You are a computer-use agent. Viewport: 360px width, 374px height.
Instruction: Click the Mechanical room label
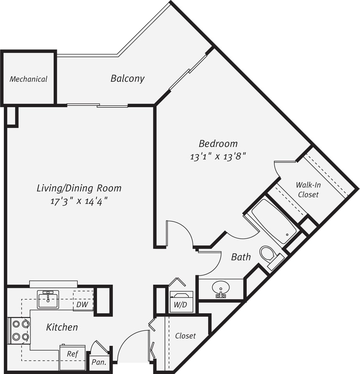(x=29, y=79)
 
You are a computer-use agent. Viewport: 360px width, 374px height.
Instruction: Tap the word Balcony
(x=127, y=78)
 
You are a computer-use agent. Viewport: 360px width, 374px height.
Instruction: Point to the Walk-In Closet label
(x=308, y=189)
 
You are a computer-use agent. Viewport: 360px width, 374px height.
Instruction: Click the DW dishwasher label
(x=82, y=304)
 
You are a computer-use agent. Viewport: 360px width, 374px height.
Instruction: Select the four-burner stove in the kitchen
(x=20, y=330)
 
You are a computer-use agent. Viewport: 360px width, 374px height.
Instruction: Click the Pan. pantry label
(x=98, y=362)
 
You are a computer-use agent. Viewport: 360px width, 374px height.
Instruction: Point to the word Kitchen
(x=62, y=327)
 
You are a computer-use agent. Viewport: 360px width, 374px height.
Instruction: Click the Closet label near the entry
(x=185, y=336)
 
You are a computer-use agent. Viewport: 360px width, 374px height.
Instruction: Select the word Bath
(x=241, y=257)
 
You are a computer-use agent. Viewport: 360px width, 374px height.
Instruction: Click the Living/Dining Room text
(x=78, y=188)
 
